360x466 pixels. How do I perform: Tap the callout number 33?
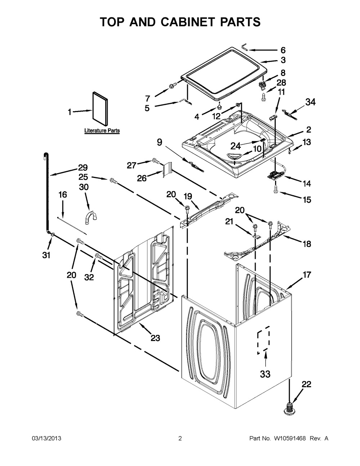265,374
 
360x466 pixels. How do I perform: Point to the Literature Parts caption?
102,131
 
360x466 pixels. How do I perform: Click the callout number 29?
83,167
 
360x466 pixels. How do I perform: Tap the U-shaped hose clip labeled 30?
90,218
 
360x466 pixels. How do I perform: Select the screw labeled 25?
113,181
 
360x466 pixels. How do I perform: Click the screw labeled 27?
156,160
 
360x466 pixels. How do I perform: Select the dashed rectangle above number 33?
264,340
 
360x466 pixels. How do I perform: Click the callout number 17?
307,275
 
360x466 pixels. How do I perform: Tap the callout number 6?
283,50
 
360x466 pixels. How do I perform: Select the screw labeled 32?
99,256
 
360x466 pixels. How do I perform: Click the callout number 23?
155,338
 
